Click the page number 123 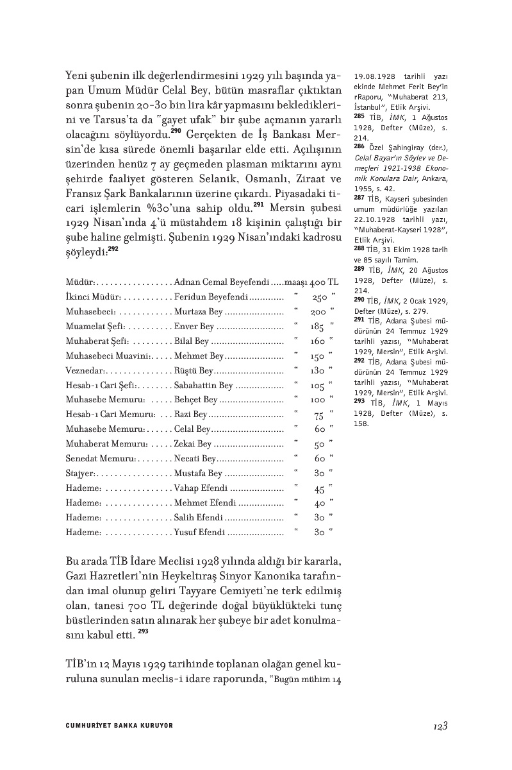(439, 725)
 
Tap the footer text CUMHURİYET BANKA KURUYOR (119, 726)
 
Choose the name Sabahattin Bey (203, 386)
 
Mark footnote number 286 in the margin (359, 146)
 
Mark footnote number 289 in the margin (359, 269)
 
